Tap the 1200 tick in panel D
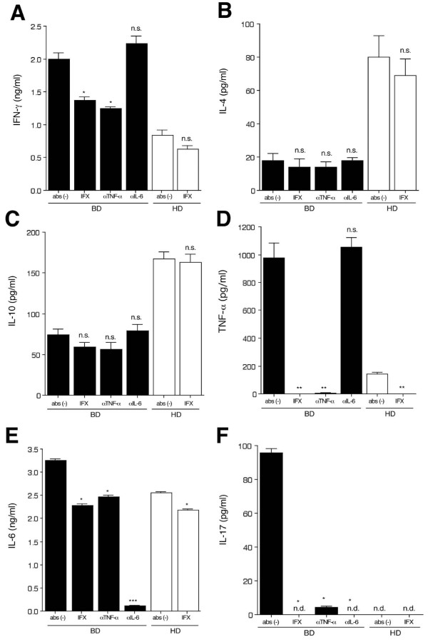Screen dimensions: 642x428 click(x=247, y=227)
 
